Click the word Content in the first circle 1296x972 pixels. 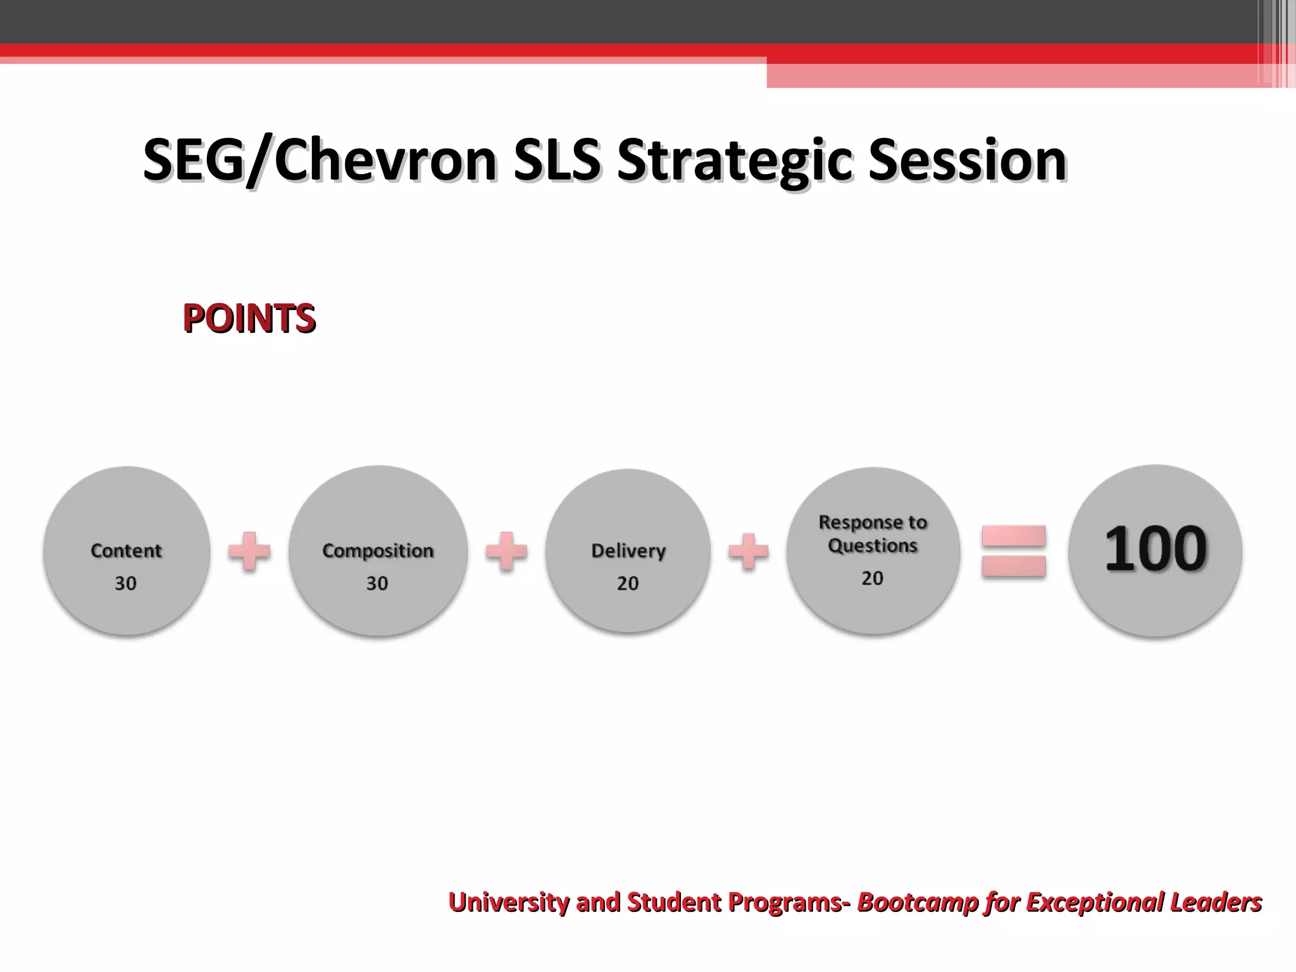(x=126, y=551)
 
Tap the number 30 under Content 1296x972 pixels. (x=125, y=583)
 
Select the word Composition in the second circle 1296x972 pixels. (x=378, y=551)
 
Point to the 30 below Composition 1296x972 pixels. (x=377, y=583)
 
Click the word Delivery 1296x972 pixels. (x=628, y=551)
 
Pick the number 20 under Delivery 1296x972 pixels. (x=628, y=583)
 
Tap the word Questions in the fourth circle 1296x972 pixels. (x=873, y=545)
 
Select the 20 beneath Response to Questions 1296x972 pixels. (x=872, y=578)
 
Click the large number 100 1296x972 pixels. (x=1156, y=549)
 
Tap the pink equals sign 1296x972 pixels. (x=1014, y=551)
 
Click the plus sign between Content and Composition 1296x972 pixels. (x=249, y=551)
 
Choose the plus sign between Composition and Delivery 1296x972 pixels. (x=506, y=551)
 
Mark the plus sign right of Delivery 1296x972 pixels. (x=749, y=551)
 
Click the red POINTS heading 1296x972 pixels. (x=249, y=318)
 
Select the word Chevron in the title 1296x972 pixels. (x=385, y=159)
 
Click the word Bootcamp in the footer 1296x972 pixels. (x=918, y=902)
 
